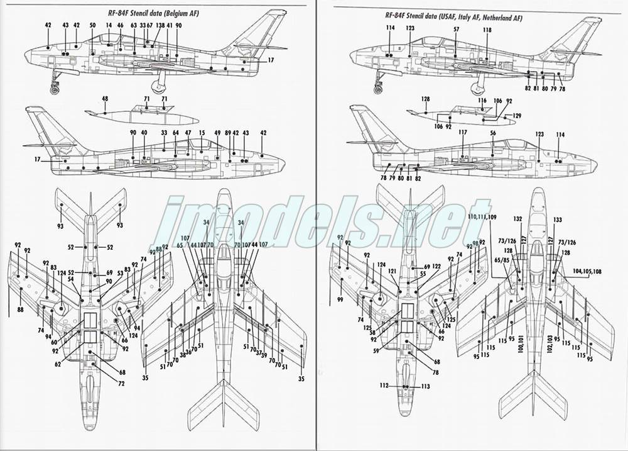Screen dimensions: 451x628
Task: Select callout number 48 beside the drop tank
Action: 104,99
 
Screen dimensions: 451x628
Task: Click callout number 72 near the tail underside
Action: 122,383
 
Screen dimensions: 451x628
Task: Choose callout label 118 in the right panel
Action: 487,30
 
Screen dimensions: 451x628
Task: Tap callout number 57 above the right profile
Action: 457,30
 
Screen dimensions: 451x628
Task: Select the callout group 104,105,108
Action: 587,272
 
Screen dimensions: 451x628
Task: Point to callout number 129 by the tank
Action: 517,116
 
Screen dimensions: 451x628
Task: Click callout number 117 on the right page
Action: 463,133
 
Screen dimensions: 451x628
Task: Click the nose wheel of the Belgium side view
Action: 55,89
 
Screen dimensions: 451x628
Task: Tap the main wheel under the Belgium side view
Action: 160,86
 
